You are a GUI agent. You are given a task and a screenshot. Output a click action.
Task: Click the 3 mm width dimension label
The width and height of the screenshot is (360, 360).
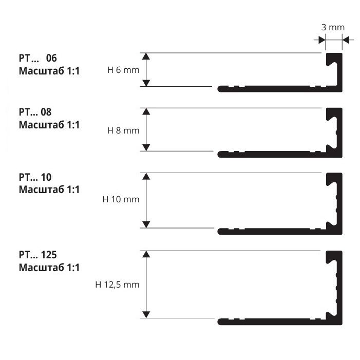tap(333, 27)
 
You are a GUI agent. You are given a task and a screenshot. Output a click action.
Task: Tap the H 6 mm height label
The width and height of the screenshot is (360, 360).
tap(123, 70)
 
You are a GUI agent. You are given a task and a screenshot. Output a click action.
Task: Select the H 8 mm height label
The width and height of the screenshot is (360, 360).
tap(123, 130)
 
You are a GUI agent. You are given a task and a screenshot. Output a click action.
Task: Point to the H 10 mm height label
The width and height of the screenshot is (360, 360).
tap(121, 199)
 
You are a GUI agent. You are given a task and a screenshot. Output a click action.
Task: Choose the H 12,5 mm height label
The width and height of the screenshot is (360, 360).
tap(117, 285)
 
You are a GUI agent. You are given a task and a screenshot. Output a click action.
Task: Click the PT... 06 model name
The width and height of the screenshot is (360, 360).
tap(37, 58)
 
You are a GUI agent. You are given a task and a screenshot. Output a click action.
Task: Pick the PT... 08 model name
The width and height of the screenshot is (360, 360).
tap(35, 112)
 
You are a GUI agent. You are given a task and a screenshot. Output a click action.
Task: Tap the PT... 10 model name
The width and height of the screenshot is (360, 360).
tap(35, 177)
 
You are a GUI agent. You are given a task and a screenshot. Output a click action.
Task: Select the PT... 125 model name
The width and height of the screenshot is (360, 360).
tap(37, 255)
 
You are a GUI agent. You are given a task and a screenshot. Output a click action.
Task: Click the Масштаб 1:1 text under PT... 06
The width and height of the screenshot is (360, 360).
tap(49, 71)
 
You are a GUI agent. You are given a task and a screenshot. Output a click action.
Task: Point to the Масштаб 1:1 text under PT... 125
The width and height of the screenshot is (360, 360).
tap(49, 268)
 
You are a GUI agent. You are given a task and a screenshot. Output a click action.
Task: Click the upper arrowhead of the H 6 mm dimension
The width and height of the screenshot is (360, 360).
tap(146, 56)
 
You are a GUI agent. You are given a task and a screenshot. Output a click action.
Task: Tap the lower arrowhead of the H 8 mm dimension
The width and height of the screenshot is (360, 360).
tap(146, 147)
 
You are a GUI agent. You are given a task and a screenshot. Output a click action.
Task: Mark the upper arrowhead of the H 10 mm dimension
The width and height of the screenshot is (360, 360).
tap(146, 176)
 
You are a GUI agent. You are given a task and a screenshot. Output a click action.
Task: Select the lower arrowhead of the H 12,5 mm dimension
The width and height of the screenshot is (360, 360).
tap(146, 315)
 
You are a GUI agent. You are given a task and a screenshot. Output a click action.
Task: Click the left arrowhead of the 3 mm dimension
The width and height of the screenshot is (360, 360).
tap(322, 40)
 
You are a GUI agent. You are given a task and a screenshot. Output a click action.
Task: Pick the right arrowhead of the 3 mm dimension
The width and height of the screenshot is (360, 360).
tap(346, 40)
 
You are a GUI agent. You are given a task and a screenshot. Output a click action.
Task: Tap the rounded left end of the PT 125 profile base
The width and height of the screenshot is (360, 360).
tap(220, 322)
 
